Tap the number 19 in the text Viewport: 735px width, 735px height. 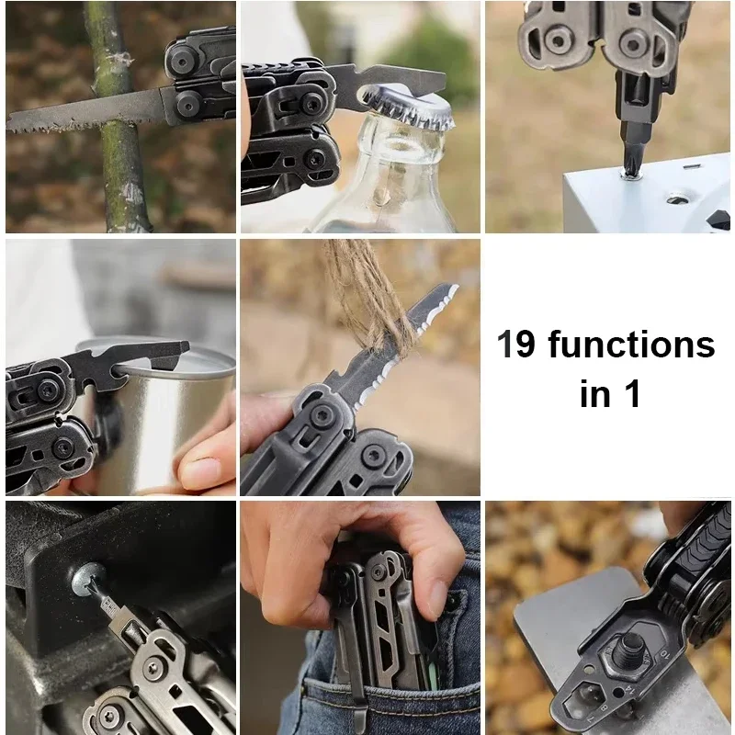(516, 344)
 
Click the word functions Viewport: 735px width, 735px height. (631, 344)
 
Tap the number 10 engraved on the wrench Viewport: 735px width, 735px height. (664, 653)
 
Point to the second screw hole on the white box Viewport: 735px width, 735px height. (677, 200)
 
